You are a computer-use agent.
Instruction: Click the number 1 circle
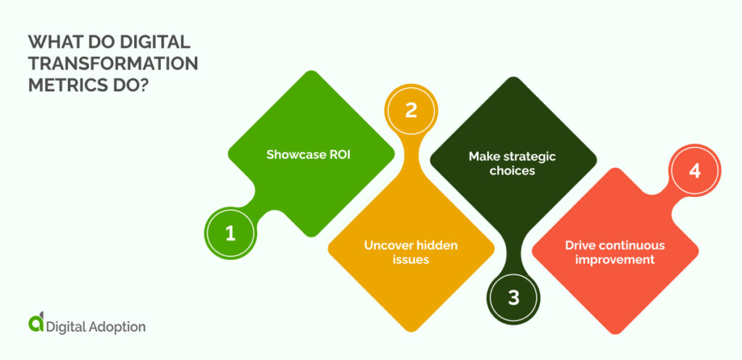pyautogui.click(x=230, y=233)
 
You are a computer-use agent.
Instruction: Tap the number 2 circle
pyautogui.click(x=411, y=110)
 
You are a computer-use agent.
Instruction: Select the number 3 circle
pyautogui.click(x=514, y=298)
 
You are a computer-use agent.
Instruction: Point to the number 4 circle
pyautogui.click(x=694, y=172)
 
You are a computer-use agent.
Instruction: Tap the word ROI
pyautogui.click(x=338, y=154)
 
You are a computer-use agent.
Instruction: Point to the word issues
pyautogui.click(x=411, y=259)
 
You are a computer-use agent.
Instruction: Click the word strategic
pyautogui.click(x=530, y=156)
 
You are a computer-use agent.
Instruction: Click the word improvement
pyautogui.click(x=615, y=259)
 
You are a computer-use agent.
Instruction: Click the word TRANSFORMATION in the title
pyautogui.click(x=112, y=63)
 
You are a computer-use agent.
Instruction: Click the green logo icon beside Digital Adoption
pyautogui.click(x=35, y=324)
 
